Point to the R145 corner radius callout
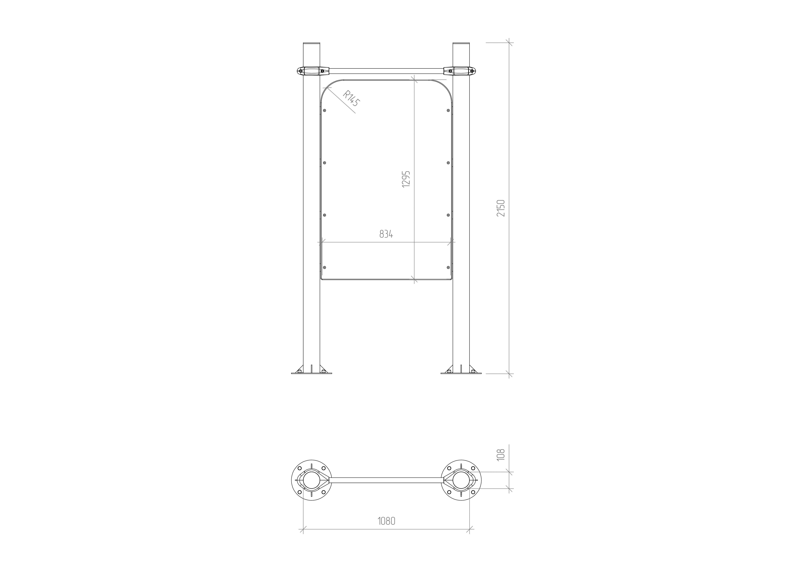click(351, 99)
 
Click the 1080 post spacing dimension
click(386, 521)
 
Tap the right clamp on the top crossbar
click(460, 71)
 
